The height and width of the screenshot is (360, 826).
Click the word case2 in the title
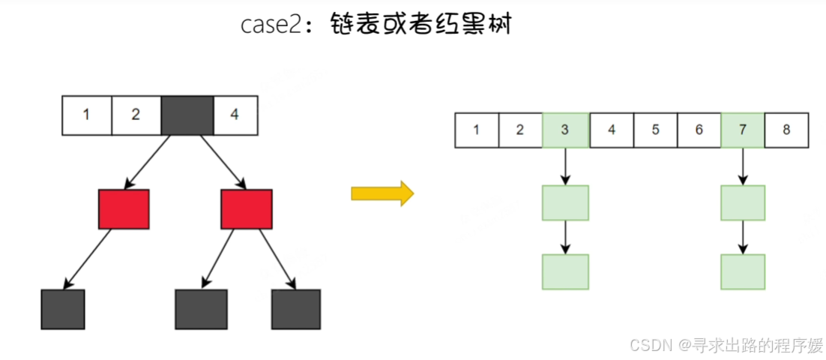(x=271, y=24)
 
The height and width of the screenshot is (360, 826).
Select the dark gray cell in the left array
(x=187, y=115)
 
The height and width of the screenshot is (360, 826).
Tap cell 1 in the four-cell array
(x=86, y=115)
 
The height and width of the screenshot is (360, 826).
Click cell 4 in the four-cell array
(x=235, y=115)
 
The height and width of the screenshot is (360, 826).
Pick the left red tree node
(x=124, y=208)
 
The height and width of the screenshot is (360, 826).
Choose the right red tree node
(x=246, y=208)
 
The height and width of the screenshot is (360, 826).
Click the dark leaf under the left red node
(x=63, y=309)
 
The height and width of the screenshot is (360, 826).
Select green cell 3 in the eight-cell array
(x=565, y=130)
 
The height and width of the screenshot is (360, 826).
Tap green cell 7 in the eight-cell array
(x=742, y=130)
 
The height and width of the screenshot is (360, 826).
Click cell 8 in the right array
(x=786, y=130)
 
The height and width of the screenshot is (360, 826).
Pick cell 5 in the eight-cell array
(x=655, y=130)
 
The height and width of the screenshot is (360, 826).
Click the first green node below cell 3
(x=565, y=202)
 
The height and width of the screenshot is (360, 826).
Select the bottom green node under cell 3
(x=565, y=271)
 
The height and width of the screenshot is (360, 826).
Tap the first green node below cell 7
(x=742, y=202)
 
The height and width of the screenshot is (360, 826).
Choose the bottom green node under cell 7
(x=742, y=271)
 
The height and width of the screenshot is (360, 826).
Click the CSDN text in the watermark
(x=650, y=345)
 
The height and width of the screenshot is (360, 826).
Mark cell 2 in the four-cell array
(x=135, y=115)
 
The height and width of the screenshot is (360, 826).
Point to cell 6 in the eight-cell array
(x=699, y=130)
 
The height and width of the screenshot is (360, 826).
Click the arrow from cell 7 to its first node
(x=742, y=166)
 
